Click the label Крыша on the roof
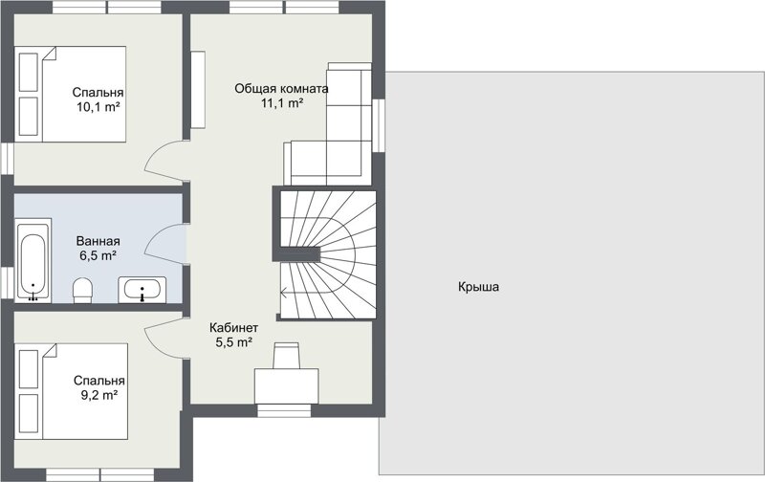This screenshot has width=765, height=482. click(478, 286)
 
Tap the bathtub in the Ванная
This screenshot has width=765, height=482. click(33, 260)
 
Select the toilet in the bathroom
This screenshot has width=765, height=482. click(82, 290)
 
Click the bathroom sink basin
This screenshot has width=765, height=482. click(142, 290)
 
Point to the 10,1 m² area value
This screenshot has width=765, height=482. click(98, 107)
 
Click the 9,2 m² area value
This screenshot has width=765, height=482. click(99, 395)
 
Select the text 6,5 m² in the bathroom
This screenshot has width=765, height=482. click(98, 254)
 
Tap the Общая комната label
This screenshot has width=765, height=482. click(281, 89)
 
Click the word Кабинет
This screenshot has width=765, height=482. click(233, 327)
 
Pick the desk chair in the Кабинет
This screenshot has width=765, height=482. click(286, 356)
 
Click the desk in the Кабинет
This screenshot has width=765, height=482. click(286, 386)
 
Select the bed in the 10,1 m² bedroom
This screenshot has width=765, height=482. click(70, 94)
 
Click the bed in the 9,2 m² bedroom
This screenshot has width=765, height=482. click(71, 391)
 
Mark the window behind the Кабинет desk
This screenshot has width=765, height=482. click(284, 411)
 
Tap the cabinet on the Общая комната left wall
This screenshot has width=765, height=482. click(198, 89)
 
